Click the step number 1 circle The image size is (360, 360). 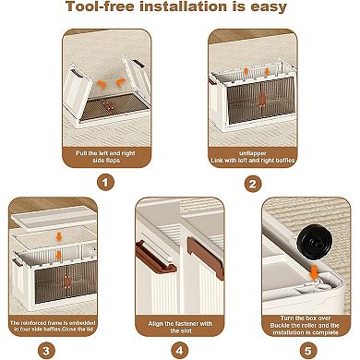click(x=105, y=183)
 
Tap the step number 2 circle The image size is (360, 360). click(x=253, y=184)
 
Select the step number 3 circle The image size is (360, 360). click(x=46, y=351)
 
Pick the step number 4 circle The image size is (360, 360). click(x=180, y=351)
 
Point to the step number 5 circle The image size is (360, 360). click(x=308, y=351)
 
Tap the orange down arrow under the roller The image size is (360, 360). click(x=314, y=272)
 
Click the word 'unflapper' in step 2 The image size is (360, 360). click(x=253, y=153)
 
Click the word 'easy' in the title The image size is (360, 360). click(x=269, y=7)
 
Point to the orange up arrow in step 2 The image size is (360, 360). click(x=246, y=71)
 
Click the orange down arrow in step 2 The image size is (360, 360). click(x=267, y=71)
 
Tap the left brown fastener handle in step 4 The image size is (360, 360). click(x=156, y=258)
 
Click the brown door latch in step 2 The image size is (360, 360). click(x=262, y=100)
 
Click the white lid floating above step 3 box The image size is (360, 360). click(x=54, y=218)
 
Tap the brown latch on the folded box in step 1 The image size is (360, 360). click(x=108, y=106)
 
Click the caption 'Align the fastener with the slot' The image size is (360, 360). click(x=180, y=327)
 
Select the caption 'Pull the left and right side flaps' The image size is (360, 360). click(x=106, y=157)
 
